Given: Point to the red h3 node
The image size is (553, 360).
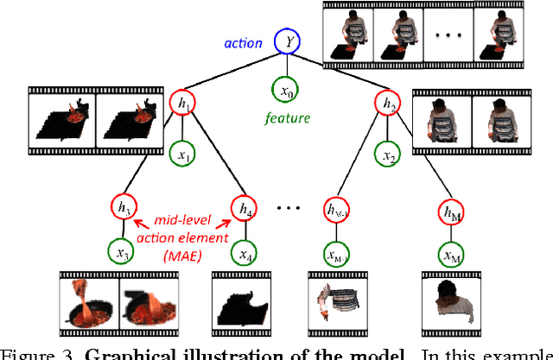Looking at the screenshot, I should pyautogui.click(x=122, y=207).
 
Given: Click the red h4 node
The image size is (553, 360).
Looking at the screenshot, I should pyautogui.click(x=244, y=207).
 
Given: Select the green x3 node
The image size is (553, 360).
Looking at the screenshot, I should pyautogui.click(x=122, y=253).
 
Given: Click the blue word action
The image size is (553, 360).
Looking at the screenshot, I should pyautogui.click(x=243, y=41).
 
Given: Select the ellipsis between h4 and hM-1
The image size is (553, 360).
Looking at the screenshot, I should pyautogui.click(x=288, y=209).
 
